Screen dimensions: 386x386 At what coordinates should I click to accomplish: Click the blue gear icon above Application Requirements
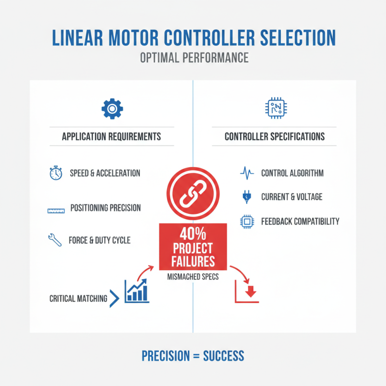[x=112, y=109]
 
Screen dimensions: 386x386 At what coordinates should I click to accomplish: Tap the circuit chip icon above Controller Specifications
[x=274, y=109]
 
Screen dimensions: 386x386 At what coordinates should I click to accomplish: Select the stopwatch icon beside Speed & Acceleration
[x=55, y=173]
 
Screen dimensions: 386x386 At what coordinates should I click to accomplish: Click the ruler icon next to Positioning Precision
[x=56, y=210]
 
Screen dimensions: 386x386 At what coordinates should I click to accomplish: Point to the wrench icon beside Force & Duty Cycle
[x=55, y=240]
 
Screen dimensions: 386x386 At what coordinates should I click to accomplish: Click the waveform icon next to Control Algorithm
[x=247, y=173]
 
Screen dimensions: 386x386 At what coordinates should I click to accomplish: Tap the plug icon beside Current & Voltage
[x=247, y=197]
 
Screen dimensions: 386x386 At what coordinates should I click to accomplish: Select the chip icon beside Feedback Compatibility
[x=247, y=221]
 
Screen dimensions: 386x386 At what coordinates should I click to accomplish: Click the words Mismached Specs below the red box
[x=193, y=277]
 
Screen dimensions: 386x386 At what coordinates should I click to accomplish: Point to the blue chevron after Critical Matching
[x=114, y=298]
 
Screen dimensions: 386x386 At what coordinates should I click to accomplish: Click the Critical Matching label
[x=78, y=299]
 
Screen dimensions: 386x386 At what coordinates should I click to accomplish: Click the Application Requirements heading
[x=111, y=137]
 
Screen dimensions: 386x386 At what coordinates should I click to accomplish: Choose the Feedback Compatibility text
[x=300, y=221]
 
